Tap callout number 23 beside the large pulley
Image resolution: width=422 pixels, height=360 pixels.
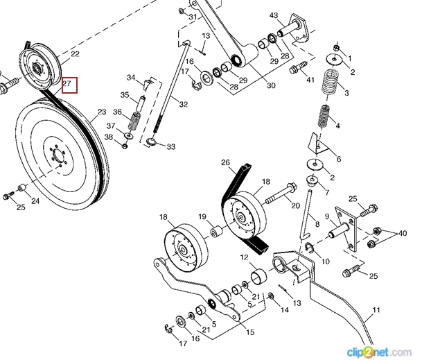tap(102, 111)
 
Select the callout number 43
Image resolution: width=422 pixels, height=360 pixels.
tap(274, 15)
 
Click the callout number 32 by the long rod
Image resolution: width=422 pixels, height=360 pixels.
tap(184, 105)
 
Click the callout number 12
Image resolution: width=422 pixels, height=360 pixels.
tap(244, 257)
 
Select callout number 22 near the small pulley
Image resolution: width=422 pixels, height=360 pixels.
tap(75, 54)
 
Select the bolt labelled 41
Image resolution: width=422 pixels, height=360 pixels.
tap(297, 69)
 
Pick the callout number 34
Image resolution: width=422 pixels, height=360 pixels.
tap(131, 77)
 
